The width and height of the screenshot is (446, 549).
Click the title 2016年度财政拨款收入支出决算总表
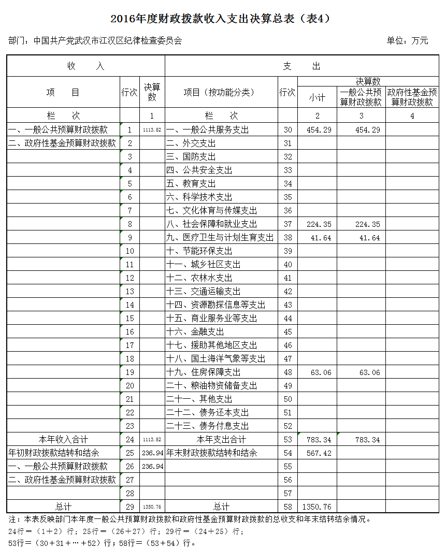pyautogui.click(x=220, y=19)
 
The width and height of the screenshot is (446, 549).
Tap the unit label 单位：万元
pyautogui.click(x=407, y=40)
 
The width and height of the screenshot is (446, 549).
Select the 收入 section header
pyautogui.click(x=85, y=66)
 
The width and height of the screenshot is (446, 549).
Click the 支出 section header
pyautogui.click(x=301, y=66)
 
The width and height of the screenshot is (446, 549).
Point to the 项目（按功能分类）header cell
pyautogui.click(x=219, y=92)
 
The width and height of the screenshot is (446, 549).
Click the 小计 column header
pyautogui.click(x=317, y=97)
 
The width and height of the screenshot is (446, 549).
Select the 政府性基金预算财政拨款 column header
pyautogui.click(x=412, y=97)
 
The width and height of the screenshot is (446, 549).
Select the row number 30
pyautogui.click(x=287, y=130)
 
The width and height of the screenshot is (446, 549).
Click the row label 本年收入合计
pyautogui.click(x=63, y=440)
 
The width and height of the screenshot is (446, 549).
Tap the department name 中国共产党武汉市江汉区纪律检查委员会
pyautogui.click(x=108, y=40)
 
